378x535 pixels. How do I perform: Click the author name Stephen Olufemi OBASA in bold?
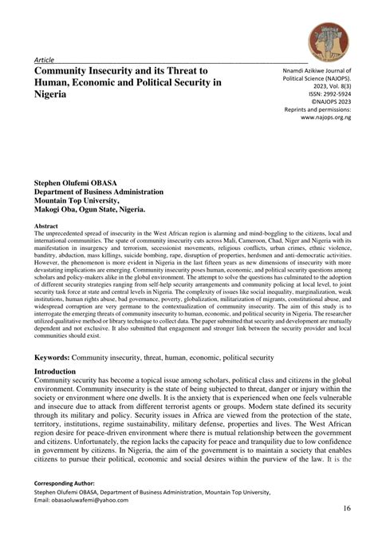[x=85, y=182]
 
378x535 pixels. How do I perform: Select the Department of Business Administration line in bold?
[x=98, y=192]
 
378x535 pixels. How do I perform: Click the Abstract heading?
[x=48, y=228]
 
